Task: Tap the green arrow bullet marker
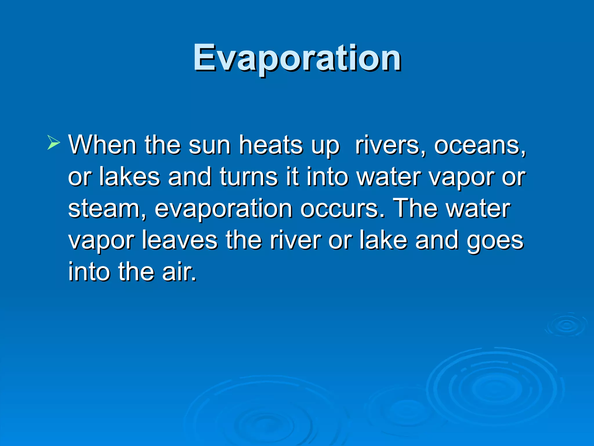click(x=53, y=143)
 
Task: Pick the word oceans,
click(x=480, y=145)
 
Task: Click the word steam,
click(x=107, y=208)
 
